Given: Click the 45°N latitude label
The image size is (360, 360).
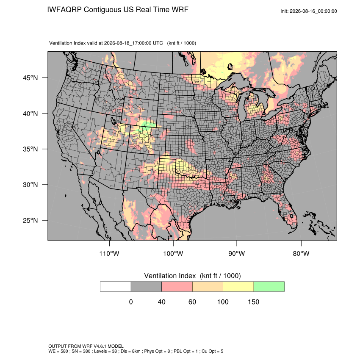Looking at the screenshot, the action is pyautogui.click(x=30, y=78).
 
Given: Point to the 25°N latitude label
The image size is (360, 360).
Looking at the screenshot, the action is pyautogui.click(x=30, y=220).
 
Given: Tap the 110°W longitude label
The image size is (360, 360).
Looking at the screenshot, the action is pyautogui.click(x=109, y=253).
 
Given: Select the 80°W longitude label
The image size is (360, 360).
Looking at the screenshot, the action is pyautogui.click(x=301, y=253).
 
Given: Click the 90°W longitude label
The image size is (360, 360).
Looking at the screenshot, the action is pyautogui.click(x=236, y=253).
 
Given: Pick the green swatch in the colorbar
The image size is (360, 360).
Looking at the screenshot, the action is pyautogui.click(x=269, y=287).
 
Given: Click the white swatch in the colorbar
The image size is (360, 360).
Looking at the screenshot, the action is pyautogui.click(x=116, y=287).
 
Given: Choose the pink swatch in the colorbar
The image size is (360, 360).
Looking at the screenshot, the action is pyautogui.click(x=177, y=287).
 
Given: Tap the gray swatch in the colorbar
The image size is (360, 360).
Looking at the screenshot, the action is pyautogui.click(x=146, y=287).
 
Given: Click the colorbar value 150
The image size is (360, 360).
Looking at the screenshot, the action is pyautogui.click(x=253, y=302).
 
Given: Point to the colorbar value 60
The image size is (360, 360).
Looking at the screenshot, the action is pyautogui.click(x=192, y=302).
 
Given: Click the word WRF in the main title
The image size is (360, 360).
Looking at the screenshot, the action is pyautogui.click(x=180, y=10).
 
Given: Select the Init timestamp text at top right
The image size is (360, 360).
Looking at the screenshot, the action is pyautogui.click(x=309, y=11).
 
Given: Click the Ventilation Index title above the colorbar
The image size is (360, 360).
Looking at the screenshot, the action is pyautogui.click(x=192, y=276).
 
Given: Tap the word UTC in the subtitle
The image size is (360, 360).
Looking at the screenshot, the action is pyautogui.click(x=158, y=43).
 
